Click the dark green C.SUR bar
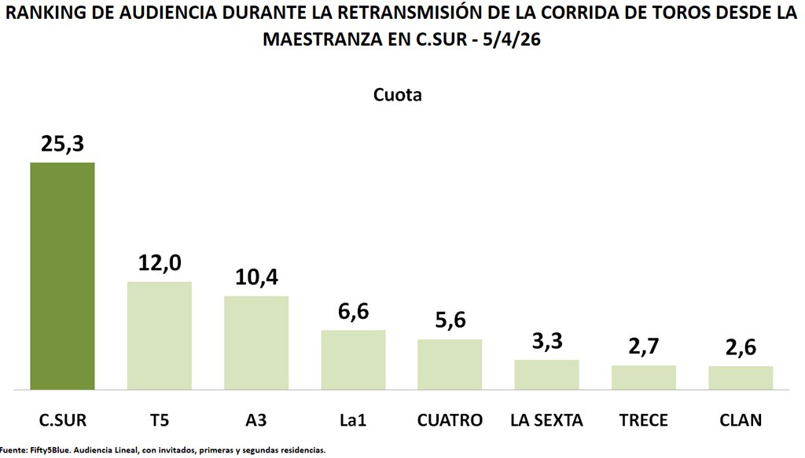(62, 276)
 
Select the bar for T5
(160, 335)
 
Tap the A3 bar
(256, 343)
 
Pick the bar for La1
(353, 360)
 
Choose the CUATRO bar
(450, 365)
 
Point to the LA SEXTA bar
(546, 375)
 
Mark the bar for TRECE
(644, 377)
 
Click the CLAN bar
(741, 378)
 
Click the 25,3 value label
(62, 145)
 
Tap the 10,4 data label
(256, 278)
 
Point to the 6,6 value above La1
(353, 312)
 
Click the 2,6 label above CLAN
(741, 348)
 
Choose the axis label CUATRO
(450, 420)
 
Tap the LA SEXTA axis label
(546, 420)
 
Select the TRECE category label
(644, 420)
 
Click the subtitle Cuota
(397, 96)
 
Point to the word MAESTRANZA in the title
(323, 39)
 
